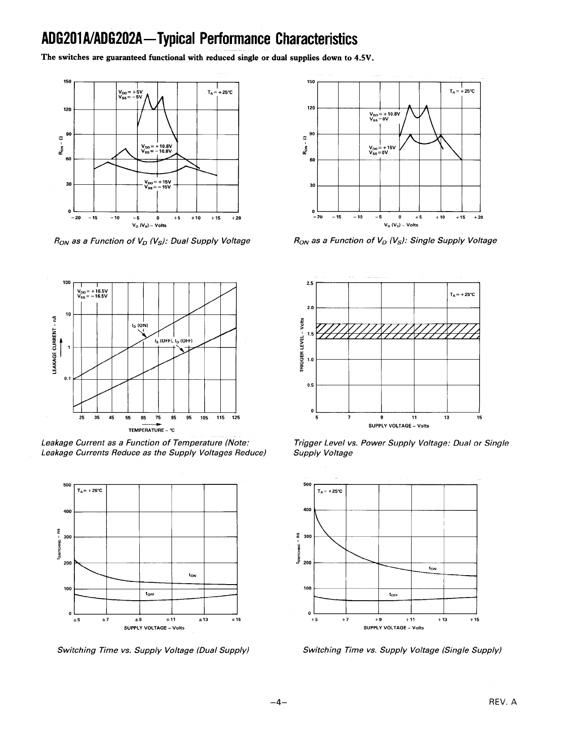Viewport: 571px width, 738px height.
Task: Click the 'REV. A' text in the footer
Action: pyautogui.click(x=503, y=702)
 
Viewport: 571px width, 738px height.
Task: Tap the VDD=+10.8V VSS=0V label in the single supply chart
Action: pyautogui.click(x=381, y=116)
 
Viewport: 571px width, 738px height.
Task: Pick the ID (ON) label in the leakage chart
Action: pyautogui.click(x=139, y=325)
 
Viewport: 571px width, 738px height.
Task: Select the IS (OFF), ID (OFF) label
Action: pyautogui.click(x=173, y=341)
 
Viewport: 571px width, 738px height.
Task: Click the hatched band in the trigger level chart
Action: pyautogui.click(x=398, y=331)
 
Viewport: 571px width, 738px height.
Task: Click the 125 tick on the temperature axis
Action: pyautogui.click(x=236, y=418)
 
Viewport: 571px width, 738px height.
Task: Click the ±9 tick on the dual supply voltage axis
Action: pyautogui.click(x=139, y=619)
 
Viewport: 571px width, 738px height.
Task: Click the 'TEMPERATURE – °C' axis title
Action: pyautogui.click(x=151, y=430)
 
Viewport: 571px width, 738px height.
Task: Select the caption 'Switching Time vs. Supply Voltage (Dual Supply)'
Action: pyautogui.click(x=153, y=650)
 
